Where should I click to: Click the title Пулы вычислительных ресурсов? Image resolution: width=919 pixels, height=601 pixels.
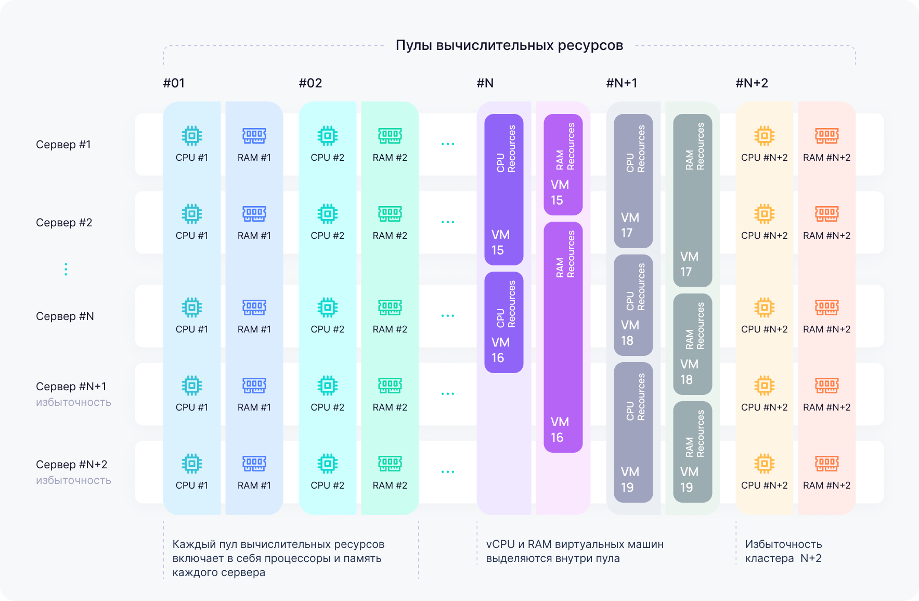point(509,46)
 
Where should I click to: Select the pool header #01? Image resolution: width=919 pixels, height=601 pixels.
point(174,83)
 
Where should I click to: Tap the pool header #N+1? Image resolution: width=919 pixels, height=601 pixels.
point(622,83)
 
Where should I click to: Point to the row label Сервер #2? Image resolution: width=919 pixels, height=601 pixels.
point(64,223)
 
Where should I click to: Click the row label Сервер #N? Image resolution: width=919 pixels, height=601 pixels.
point(65,316)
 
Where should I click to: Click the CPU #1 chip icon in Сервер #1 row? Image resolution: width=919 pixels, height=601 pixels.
point(192,136)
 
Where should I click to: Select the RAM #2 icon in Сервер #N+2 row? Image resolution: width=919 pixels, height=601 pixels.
point(390,463)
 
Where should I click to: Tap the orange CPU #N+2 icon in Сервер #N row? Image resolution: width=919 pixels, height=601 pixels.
point(764,308)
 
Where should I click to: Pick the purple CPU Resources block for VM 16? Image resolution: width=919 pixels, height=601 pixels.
point(503,322)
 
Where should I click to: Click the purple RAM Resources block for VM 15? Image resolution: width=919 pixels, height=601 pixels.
point(563,164)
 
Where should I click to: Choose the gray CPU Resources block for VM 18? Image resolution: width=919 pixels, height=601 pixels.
point(633,305)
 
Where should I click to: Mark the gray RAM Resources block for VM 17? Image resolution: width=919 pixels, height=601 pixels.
point(692,200)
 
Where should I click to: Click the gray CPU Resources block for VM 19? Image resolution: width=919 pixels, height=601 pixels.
point(633,432)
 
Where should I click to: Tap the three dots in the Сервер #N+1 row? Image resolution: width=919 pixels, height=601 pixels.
point(447,394)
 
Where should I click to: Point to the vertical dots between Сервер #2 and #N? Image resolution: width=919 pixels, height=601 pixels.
point(66,270)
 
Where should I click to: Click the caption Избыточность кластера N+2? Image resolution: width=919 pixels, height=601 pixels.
point(783,551)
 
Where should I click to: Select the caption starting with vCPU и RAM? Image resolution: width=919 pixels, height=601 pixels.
point(575,551)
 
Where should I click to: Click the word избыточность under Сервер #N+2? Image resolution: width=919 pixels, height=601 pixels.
point(73,480)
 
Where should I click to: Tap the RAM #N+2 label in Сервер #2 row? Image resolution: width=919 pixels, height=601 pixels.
point(826,236)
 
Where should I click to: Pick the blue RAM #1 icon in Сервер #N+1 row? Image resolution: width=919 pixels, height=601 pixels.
point(254,386)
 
